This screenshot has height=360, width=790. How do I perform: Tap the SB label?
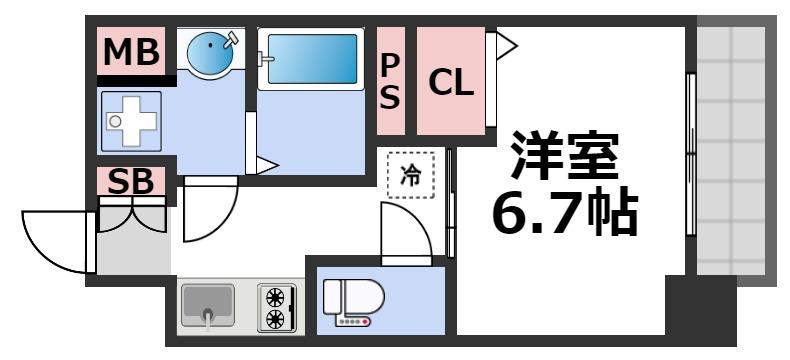pyautogui.click(x=131, y=182)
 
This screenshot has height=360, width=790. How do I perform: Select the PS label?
pyautogui.click(x=390, y=81)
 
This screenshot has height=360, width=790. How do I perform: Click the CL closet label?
pyautogui.click(x=450, y=82)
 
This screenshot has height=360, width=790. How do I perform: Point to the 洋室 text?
pyautogui.click(x=565, y=155)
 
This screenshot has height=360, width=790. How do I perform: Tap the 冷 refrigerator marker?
pyautogui.click(x=411, y=176)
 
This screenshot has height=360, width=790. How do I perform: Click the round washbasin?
pyautogui.click(x=210, y=51)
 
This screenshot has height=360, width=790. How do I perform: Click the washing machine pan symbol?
pyautogui.click(x=133, y=121)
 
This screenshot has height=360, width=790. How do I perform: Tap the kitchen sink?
pyautogui.click(x=207, y=305)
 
